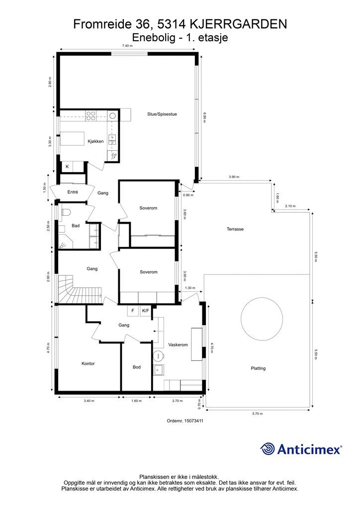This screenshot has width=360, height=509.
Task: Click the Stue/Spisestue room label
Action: coord(162,114)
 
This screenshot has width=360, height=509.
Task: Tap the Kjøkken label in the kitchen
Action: coord(95,141)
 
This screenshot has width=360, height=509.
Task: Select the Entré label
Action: coord(73,192)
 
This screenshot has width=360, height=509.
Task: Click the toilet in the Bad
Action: coord(66,212)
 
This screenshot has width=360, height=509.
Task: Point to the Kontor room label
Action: coord(88,363)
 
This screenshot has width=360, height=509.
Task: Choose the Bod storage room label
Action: coord(137,367)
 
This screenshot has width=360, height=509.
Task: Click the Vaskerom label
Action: coord(178,345)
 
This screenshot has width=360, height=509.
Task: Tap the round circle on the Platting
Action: coord(262,318)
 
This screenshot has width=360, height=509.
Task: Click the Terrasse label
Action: coord(235,229)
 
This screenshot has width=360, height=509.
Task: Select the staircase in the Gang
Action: coord(80,289)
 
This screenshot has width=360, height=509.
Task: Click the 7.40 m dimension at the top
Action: coord(128,46)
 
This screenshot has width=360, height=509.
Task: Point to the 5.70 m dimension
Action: coord(258,414)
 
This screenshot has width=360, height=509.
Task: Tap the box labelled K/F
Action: coord(145,311)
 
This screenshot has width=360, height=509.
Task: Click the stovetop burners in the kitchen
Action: coord(90,116)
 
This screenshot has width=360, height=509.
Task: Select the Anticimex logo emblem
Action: coord(267,449)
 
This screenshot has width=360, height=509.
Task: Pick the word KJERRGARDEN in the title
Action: coord(238,24)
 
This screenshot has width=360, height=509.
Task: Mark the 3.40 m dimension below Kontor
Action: coord(89,401)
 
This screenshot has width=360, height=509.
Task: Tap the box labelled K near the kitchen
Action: coord(67,167)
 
